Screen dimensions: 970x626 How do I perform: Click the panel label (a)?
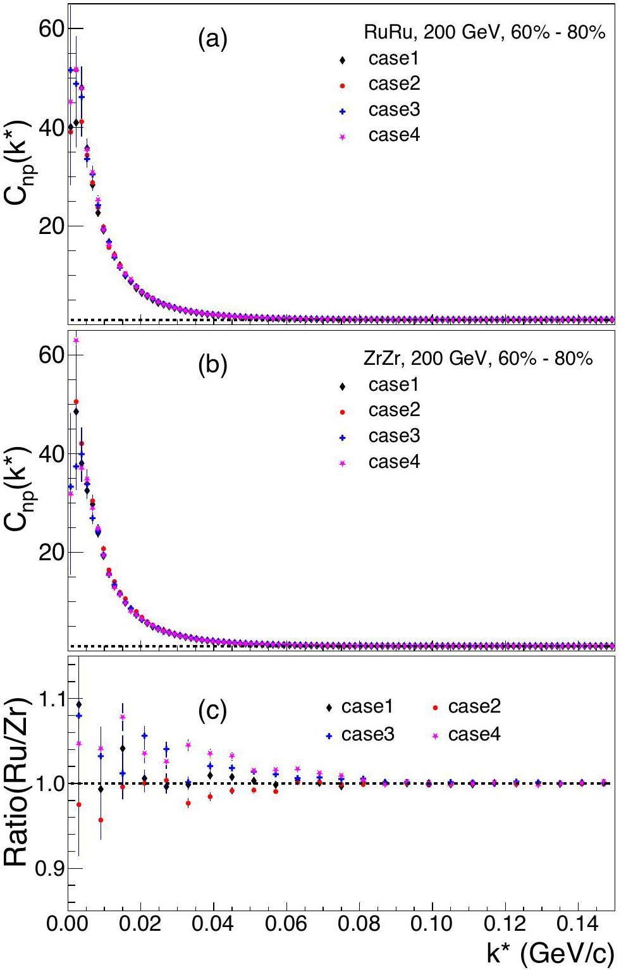[x=212, y=40]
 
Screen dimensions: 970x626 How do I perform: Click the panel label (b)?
[x=212, y=366]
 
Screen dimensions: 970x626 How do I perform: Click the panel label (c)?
[x=212, y=711]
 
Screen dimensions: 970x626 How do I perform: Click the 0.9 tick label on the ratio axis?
[x=48, y=869]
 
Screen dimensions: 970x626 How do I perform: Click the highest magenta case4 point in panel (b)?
[x=76, y=340]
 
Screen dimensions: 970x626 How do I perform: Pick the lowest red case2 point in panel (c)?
[x=101, y=820]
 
